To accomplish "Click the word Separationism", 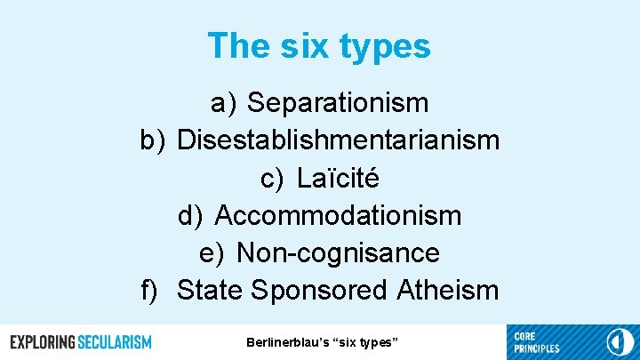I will [338, 103].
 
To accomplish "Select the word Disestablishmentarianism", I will [338, 140].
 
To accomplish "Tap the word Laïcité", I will [338, 178].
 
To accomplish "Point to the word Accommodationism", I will [338, 215].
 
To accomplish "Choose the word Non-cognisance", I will [338, 253].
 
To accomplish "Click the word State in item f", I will [211, 291].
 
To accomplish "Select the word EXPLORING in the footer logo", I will [42, 342].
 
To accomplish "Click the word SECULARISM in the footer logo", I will [115, 342].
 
